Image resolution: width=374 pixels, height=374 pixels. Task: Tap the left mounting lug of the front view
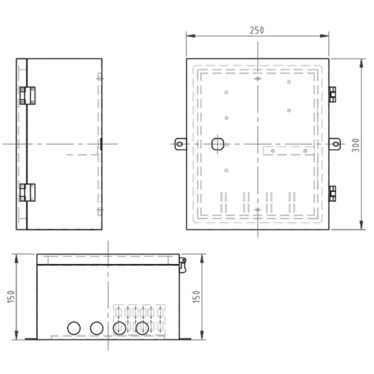(x=180, y=144)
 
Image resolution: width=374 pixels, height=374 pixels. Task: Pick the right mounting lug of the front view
(x=335, y=144)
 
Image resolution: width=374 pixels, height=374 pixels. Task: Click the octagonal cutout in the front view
(x=218, y=143)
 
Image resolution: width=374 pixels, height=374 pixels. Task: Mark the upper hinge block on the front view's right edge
(x=332, y=93)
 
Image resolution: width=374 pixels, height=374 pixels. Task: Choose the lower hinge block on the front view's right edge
(x=332, y=194)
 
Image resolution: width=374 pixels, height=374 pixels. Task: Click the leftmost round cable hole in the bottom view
(x=74, y=328)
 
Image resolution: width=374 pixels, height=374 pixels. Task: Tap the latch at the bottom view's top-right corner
(x=182, y=264)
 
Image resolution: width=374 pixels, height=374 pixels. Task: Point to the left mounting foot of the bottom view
(x=31, y=338)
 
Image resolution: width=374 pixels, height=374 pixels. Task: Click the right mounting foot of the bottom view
(x=185, y=338)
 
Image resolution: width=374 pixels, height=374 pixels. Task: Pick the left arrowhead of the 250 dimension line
(x=189, y=36)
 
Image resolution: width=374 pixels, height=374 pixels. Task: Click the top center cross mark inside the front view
(x=259, y=80)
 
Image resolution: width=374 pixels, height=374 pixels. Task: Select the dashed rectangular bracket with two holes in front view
(x=286, y=150)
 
